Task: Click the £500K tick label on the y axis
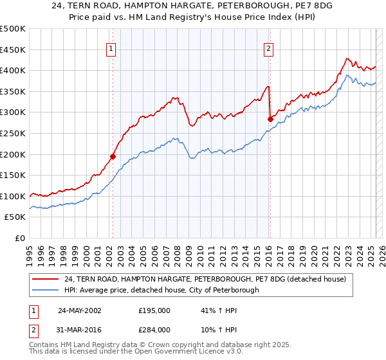coord(13,29)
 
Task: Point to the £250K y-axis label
coord(13,133)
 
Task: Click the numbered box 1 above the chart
coord(112,48)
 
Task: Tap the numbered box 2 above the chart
coord(268,48)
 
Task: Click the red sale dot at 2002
coord(113,156)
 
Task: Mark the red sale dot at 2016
coord(270,119)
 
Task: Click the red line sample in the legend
coord(46,279)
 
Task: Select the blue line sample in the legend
coord(46,290)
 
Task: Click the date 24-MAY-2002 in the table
coord(80,310)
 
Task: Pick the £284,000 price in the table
coord(154,329)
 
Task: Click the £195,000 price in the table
coord(154,310)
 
